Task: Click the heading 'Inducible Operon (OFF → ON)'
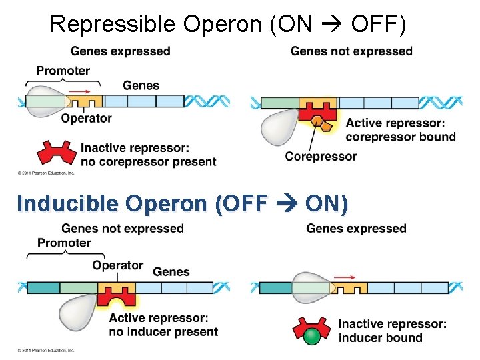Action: (182, 203)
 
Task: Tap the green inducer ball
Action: (311, 337)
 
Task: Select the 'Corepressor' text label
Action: (321, 157)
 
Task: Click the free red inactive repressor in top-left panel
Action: (57, 153)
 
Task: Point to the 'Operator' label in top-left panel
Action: (86, 119)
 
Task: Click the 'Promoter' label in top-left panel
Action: (63, 71)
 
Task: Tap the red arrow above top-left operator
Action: (81, 91)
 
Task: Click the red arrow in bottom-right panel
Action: (344, 276)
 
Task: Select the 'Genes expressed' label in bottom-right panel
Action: (356, 229)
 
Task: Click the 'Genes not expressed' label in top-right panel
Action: (351, 51)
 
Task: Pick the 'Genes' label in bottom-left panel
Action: (171, 271)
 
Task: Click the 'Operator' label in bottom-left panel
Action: (117, 265)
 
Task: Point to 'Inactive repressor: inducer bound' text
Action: (392, 331)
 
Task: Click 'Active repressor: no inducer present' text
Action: (163, 325)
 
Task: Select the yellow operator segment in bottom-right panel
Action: (349, 288)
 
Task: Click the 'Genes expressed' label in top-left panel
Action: (120, 51)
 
